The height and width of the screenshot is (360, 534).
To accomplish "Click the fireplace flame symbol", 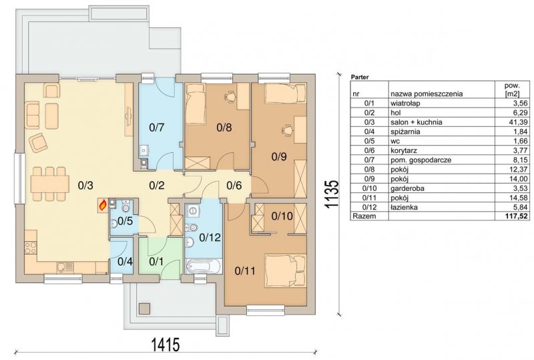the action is click(103, 204).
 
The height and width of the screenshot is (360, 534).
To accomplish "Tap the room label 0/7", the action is click(157, 128).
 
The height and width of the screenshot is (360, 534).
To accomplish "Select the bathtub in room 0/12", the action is click(204, 266).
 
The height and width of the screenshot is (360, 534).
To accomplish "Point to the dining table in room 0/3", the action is click(47, 184).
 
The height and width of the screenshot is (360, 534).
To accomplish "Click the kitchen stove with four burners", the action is click(31, 247).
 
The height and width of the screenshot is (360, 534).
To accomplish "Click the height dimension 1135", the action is click(330, 193).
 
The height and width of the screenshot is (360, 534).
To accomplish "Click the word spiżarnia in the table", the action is click(405, 132).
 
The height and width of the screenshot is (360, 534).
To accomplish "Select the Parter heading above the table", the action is click(360, 77).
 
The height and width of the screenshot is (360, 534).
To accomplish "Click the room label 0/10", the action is click(282, 216).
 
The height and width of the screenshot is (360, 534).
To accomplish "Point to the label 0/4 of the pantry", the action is click(125, 261).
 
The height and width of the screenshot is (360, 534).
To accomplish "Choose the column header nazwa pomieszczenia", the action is click(427, 94).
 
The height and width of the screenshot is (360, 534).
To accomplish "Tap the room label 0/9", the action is click(279, 156).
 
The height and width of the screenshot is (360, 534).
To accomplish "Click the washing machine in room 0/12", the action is click(193, 210).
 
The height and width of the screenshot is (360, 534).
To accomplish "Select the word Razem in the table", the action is click(364, 216).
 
